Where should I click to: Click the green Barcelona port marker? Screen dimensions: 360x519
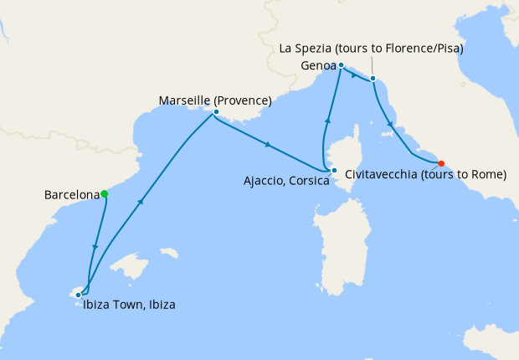104,194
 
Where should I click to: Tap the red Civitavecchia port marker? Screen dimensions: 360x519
441,163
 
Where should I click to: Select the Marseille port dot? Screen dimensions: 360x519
216,112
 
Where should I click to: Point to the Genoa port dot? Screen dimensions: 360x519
342,64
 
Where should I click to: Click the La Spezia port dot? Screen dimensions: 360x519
373,80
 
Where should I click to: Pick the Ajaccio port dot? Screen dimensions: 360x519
334,172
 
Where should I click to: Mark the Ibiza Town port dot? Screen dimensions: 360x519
78,295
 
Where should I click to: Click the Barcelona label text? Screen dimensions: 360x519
71,195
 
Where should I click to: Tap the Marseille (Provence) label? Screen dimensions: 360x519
214,101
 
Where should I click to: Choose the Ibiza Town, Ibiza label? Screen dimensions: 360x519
129,305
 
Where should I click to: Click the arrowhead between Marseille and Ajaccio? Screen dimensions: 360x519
267,145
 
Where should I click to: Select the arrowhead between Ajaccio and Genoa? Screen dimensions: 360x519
327,122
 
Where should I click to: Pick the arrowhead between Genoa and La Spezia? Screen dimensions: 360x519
355,75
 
